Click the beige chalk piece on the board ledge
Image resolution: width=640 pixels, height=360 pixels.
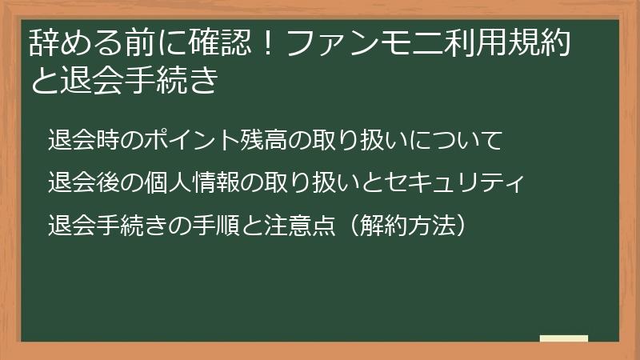[564, 338]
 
